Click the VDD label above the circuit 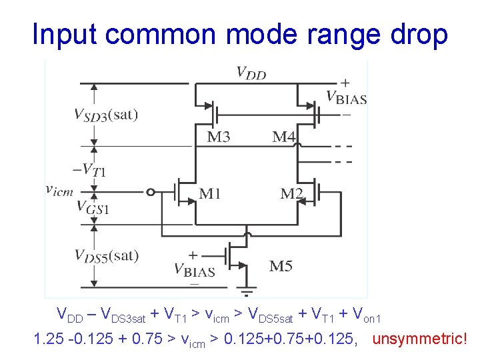[x=251, y=73]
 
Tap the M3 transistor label [x=219, y=137]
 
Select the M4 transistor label [x=285, y=137]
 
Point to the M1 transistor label [x=210, y=194]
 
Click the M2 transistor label [x=292, y=194]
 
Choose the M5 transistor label [x=281, y=267]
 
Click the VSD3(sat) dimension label [x=106, y=115]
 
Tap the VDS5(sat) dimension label [x=107, y=255]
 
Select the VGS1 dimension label [x=93, y=207]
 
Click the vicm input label [x=59, y=191]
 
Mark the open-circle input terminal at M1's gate [x=151, y=193]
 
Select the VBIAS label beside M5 [x=195, y=270]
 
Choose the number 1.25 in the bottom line [x=47, y=339]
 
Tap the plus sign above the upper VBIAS [x=345, y=83]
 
